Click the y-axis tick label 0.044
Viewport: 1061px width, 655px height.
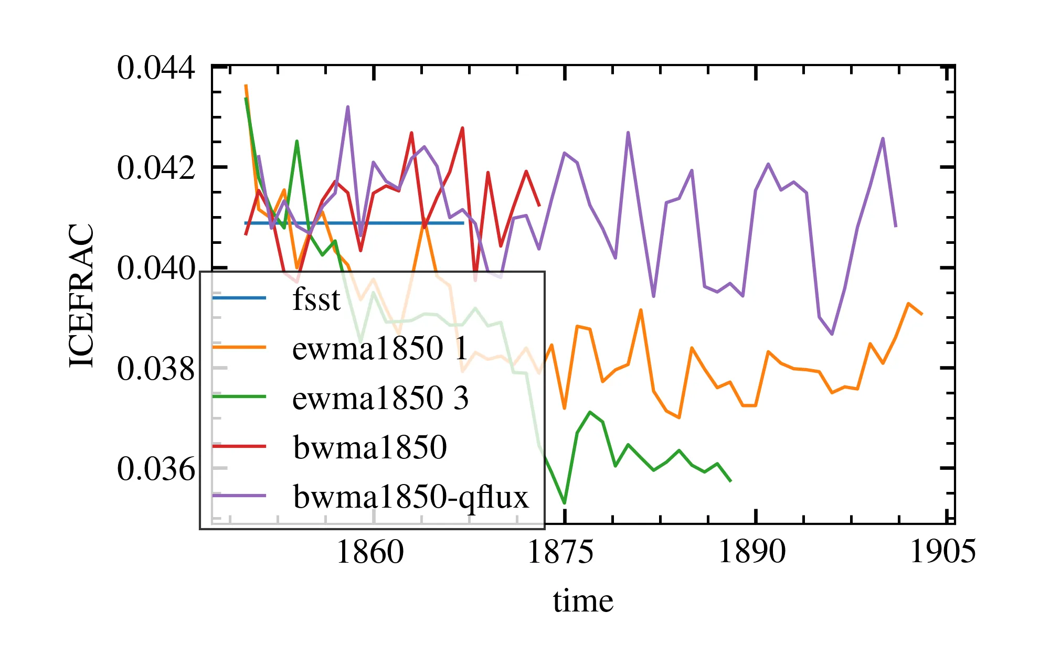(x=156, y=68)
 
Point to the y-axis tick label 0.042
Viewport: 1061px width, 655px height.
(x=156, y=168)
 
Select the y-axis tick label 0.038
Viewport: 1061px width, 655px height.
(x=156, y=369)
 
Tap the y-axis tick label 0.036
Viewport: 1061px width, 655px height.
(x=156, y=469)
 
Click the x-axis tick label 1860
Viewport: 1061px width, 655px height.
(x=370, y=552)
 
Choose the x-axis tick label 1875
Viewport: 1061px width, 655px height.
(x=560, y=552)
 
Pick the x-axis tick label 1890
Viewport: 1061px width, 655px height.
(x=751, y=552)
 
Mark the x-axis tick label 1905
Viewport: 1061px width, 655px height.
(x=942, y=552)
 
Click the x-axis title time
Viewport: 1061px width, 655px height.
(x=583, y=602)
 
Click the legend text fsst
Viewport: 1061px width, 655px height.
(x=316, y=299)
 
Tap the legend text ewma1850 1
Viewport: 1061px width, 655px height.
(x=380, y=348)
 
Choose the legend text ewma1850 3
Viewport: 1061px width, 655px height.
(x=380, y=398)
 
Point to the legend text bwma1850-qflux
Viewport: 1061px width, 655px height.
(x=411, y=496)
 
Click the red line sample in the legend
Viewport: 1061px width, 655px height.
(x=239, y=446)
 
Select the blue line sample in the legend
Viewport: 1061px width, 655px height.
(x=239, y=298)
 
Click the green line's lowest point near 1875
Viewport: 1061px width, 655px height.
(x=565, y=503)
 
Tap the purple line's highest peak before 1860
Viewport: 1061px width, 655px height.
(x=348, y=107)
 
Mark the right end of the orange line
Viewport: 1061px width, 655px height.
(x=922, y=314)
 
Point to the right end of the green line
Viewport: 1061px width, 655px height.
(x=731, y=481)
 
